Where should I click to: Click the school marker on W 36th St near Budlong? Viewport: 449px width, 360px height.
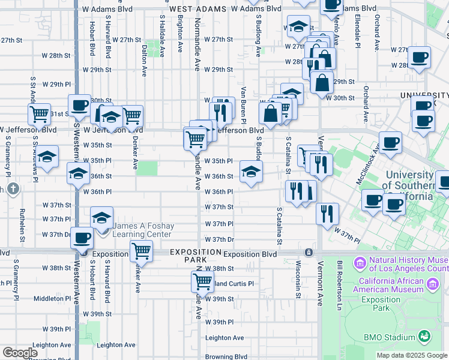pos(251,172)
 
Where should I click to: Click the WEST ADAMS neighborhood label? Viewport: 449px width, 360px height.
pos(197,9)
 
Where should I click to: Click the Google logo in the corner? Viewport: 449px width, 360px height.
pos(20,352)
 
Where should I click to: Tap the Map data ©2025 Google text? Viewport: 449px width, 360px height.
pos(411,355)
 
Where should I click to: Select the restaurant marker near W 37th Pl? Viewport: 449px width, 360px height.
pos(327,213)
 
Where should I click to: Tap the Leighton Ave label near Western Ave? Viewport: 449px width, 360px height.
pos(116,345)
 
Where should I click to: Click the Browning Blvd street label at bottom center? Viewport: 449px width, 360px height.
pos(226,356)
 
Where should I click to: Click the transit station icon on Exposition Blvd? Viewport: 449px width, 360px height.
pos(309,253)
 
